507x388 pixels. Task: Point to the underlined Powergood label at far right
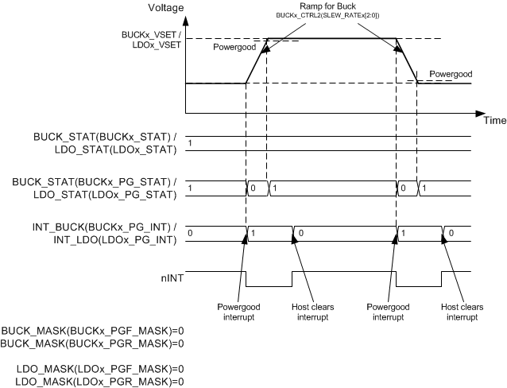[x=450, y=73]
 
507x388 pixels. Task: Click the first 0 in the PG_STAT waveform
[x=253, y=189]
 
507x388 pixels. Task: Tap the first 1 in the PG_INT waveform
[x=253, y=234]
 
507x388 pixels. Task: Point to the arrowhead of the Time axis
[x=480, y=113]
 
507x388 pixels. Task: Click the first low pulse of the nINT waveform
[x=269, y=285]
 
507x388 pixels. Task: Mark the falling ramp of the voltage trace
[x=407, y=60]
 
